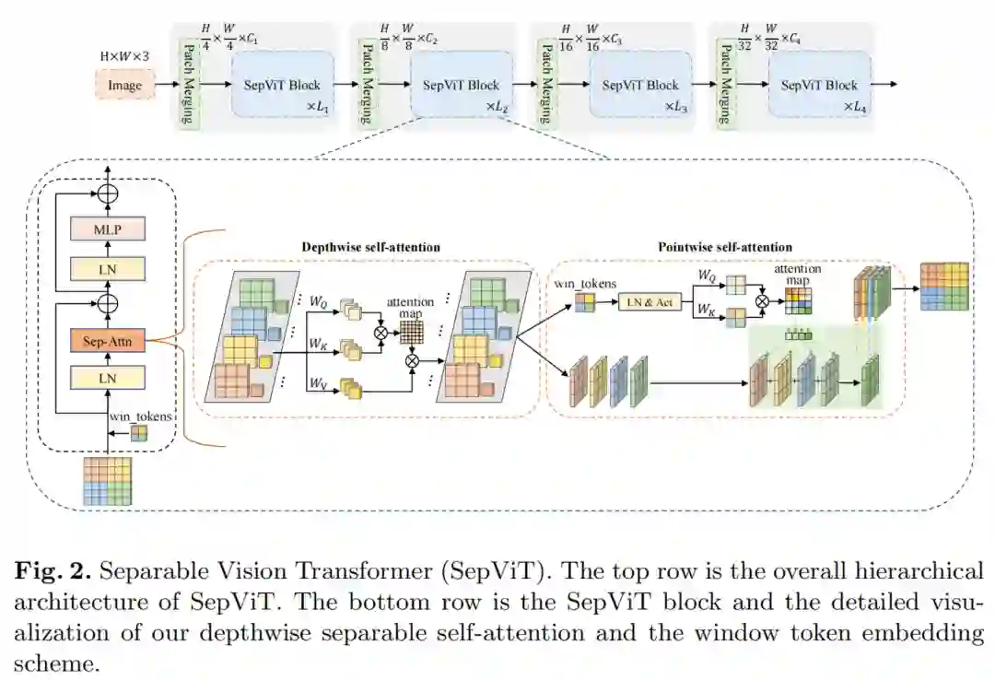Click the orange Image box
124,86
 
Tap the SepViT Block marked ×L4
819,85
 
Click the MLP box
108,229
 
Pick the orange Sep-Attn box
108,341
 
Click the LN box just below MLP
108,269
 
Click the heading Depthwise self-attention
370,247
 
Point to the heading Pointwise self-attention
725,247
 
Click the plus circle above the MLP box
108,193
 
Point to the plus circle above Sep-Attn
108,303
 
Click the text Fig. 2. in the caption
53,570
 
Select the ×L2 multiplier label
497,107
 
